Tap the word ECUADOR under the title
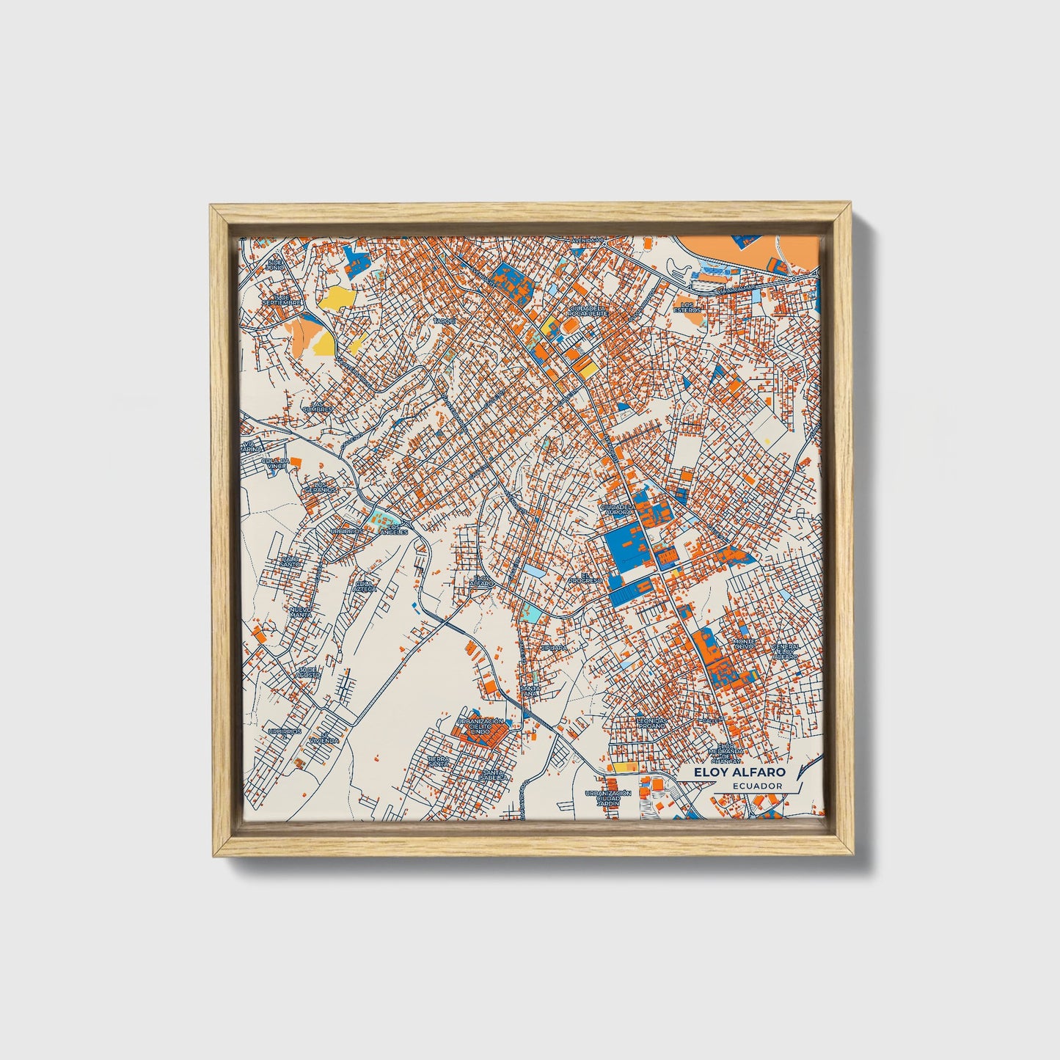(x=757, y=786)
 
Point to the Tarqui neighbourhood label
(x=445, y=321)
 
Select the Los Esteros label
(x=687, y=307)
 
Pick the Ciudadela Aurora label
(x=617, y=508)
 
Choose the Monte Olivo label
(x=743, y=643)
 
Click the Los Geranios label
(x=320, y=486)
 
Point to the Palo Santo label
(x=290, y=561)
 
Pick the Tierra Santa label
(x=438, y=761)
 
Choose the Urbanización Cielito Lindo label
(x=480, y=726)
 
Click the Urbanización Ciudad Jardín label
(x=607, y=798)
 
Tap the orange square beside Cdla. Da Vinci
(x=295, y=461)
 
